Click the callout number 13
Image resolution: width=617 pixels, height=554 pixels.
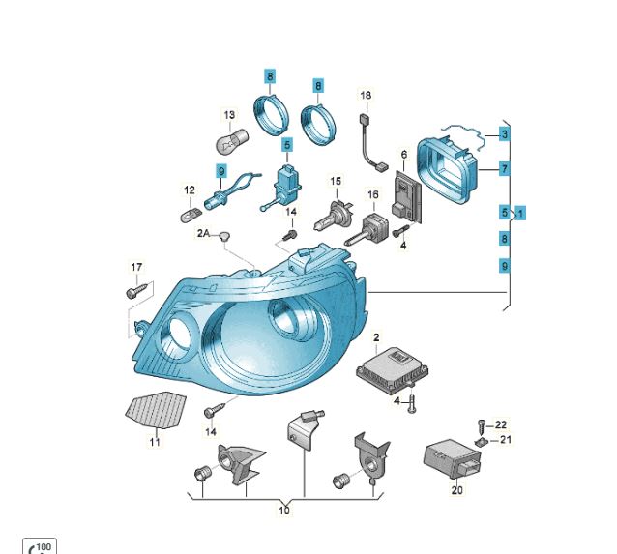tap(229, 115)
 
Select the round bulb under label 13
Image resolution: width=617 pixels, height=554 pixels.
tap(232, 140)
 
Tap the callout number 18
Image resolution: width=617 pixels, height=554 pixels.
tap(366, 95)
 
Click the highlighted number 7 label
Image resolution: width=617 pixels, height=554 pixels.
tap(505, 169)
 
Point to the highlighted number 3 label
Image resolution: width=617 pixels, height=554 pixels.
tap(505, 134)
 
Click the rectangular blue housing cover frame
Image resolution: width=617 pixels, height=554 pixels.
tap(448, 169)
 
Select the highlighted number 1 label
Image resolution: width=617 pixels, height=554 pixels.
tap(520, 214)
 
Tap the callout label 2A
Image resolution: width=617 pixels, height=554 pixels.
tap(203, 233)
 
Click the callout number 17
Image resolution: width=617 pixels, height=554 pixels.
tap(136, 267)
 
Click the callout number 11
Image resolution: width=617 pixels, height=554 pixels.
tap(155, 442)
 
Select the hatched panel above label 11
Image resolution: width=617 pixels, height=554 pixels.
tap(156, 410)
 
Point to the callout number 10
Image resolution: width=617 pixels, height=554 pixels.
tap(284, 510)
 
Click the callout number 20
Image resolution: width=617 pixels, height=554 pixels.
tap(456, 490)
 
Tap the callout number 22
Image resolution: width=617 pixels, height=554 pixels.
tap(501, 425)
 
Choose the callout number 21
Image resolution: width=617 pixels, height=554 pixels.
tap(506, 439)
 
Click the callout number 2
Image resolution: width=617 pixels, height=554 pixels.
tap(376, 337)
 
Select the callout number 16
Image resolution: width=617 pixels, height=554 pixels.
tap(373, 194)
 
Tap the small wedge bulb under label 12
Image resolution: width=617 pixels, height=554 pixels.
tap(191, 215)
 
